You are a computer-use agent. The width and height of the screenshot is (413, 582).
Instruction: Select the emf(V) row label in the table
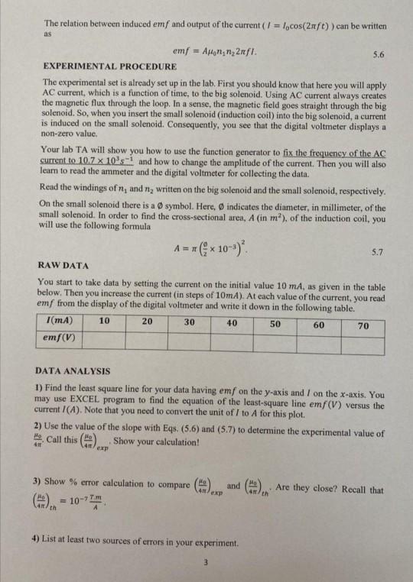point(62,337)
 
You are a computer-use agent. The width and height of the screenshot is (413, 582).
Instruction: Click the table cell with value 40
point(232,323)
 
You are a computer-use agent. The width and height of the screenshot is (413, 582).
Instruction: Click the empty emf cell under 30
point(189,337)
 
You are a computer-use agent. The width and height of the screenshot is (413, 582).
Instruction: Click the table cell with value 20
point(147,323)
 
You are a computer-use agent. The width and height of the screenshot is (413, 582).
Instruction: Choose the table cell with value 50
point(275,323)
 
